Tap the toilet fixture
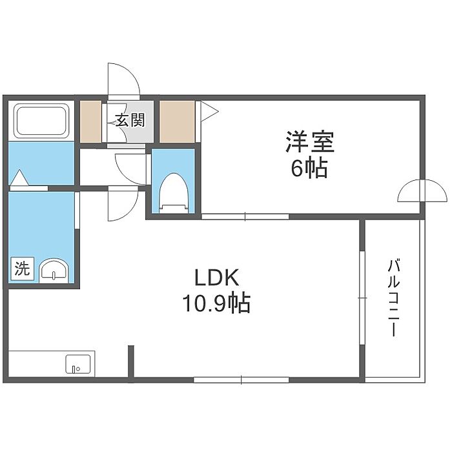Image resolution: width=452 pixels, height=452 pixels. point(174,192)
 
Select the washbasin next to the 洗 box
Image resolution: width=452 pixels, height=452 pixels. point(54,271)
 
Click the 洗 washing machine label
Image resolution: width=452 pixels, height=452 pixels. point(23,269)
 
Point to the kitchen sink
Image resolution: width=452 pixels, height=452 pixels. point(78,364)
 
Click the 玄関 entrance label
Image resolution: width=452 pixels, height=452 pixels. point(130,120)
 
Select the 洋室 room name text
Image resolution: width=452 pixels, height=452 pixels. point(309,141)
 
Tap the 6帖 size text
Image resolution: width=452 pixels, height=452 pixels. point(309,167)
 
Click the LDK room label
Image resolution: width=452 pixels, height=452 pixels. point(217,278)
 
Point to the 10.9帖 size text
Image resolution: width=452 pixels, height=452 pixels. point(216,303)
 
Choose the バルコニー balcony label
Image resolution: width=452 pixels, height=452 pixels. point(394,298)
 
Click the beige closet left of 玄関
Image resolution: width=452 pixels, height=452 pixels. point(90,121)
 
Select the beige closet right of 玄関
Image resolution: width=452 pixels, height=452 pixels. point(177,121)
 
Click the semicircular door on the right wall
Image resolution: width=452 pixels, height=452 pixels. point(422,190)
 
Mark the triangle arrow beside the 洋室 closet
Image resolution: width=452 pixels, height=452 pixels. point(208,111)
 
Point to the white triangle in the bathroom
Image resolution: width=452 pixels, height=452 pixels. point(19,178)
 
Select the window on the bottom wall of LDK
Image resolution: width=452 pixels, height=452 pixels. point(241,380)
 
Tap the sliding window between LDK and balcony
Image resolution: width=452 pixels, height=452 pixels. point(362,298)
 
